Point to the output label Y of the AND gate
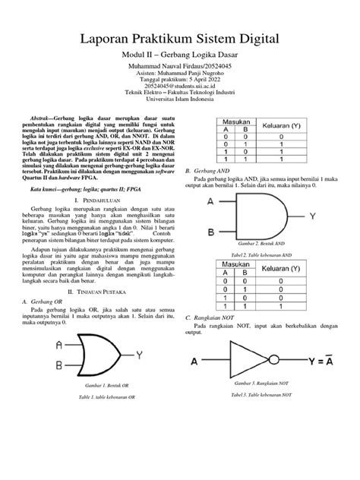(x=313, y=216)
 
